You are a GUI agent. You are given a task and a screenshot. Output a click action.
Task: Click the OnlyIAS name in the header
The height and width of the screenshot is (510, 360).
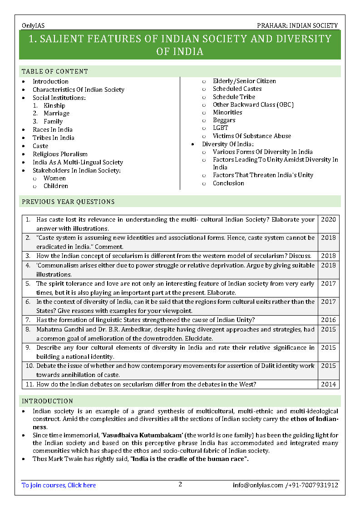click(x=33, y=26)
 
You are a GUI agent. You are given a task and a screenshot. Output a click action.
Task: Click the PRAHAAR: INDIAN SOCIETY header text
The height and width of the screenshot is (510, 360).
click(x=297, y=26)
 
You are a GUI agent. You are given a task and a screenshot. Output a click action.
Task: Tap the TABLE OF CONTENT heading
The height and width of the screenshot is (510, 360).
click(x=55, y=71)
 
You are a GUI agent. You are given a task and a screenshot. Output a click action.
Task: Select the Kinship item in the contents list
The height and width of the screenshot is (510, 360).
click(x=54, y=106)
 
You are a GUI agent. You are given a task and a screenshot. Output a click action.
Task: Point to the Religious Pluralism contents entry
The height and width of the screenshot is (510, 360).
click(x=60, y=154)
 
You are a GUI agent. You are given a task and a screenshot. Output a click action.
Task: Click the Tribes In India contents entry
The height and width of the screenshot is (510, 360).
click(x=53, y=138)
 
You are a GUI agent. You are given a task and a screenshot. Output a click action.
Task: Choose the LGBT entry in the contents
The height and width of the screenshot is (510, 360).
click(x=221, y=128)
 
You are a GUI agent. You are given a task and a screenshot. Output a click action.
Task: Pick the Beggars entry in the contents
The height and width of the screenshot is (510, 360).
click(x=224, y=120)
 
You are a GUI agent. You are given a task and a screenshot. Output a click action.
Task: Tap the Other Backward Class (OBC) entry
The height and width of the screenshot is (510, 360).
click(x=253, y=104)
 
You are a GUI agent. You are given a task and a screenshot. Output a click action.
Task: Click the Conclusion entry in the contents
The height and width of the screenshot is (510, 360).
click(x=228, y=183)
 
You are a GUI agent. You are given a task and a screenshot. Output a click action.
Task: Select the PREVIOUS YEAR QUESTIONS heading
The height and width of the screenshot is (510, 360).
click(x=68, y=202)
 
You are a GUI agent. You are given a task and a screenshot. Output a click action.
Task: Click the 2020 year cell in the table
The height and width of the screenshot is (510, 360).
click(x=328, y=220)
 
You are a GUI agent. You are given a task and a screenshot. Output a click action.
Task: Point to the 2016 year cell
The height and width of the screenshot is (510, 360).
click(x=328, y=320)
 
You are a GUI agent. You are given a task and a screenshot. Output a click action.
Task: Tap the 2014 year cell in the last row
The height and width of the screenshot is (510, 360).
click(x=328, y=384)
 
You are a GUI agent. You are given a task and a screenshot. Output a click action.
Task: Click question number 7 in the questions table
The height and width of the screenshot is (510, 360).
click(x=28, y=320)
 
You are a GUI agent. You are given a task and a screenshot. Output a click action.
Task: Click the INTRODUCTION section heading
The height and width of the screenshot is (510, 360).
click(x=47, y=401)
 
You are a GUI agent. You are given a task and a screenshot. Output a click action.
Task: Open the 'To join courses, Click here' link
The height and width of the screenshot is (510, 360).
click(x=59, y=485)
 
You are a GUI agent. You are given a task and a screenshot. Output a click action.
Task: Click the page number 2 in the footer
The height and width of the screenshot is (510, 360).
click(x=180, y=484)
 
